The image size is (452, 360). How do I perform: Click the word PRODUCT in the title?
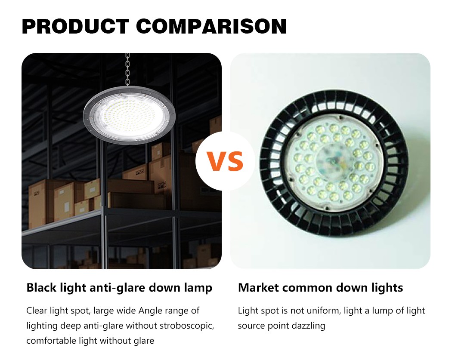point(75,26)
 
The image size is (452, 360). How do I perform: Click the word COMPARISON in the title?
point(211,26)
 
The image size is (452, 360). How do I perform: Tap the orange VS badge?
point(225,162)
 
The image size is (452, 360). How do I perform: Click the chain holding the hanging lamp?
point(127,69)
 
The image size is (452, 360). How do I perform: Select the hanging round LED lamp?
point(129,115)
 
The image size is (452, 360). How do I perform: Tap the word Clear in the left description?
point(37,311)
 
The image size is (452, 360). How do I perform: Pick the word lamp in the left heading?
point(198,288)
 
